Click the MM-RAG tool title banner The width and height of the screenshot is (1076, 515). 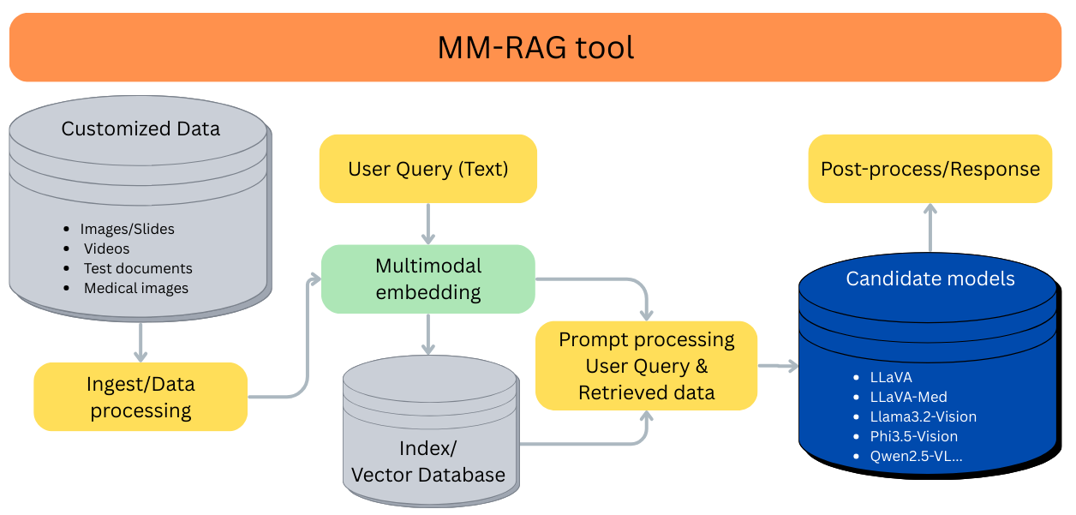point(535,47)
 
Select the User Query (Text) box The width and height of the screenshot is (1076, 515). point(427,169)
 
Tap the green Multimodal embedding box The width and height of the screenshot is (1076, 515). point(427,278)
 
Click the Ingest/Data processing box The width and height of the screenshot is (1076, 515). point(140,397)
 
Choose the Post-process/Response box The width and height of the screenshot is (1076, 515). point(930,169)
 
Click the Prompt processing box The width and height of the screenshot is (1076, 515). point(646,366)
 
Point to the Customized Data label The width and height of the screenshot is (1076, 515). point(140,129)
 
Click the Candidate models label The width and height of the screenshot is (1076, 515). point(930,278)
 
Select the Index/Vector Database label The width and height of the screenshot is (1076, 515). point(428,461)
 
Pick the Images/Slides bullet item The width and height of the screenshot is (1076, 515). point(127,229)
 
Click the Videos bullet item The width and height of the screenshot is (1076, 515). point(107,249)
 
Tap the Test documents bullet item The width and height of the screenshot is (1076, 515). point(137,268)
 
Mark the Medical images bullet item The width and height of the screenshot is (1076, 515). point(135,288)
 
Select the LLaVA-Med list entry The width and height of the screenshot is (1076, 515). point(908,397)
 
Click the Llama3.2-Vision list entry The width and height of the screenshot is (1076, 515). point(923,416)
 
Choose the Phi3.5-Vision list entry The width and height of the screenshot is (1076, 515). point(913,436)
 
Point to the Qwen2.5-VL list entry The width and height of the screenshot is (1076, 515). point(916,456)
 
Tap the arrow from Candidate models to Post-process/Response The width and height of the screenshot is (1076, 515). point(930,229)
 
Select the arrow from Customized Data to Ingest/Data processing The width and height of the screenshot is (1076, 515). point(140,340)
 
